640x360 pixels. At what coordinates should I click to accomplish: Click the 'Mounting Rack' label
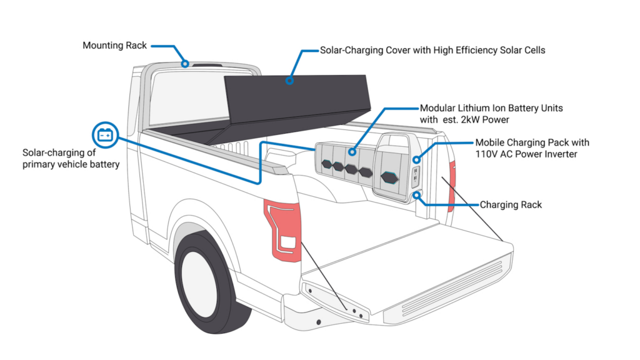click(x=115, y=45)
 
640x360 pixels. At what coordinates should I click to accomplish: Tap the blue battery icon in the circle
click(x=105, y=135)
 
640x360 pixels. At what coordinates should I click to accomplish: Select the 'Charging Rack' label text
click(x=511, y=204)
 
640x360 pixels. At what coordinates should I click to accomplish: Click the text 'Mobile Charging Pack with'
click(x=532, y=142)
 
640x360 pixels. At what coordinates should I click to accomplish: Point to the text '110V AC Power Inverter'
click(x=526, y=154)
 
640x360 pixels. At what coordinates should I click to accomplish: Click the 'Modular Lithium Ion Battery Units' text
click(x=491, y=108)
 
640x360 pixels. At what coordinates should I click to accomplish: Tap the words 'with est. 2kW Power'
click(x=464, y=119)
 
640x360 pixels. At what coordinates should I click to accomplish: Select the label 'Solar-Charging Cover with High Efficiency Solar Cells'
click(x=432, y=50)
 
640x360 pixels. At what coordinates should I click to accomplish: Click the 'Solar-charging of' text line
click(x=59, y=152)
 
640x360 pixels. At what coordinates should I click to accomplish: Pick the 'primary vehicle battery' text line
click(x=71, y=164)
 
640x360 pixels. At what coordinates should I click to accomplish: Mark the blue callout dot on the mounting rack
click(x=185, y=64)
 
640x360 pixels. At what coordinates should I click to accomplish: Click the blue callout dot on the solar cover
click(x=289, y=81)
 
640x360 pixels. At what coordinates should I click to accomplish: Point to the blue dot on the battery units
click(x=352, y=152)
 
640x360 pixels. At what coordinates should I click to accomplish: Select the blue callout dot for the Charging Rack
click(x=416, y=196)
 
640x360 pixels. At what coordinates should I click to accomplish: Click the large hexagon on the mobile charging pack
click(x=389, y=177)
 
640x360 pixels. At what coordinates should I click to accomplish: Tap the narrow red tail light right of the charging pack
click(x=452, y=186)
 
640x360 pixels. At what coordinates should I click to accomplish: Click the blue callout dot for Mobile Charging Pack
click(x=416, y=159)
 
